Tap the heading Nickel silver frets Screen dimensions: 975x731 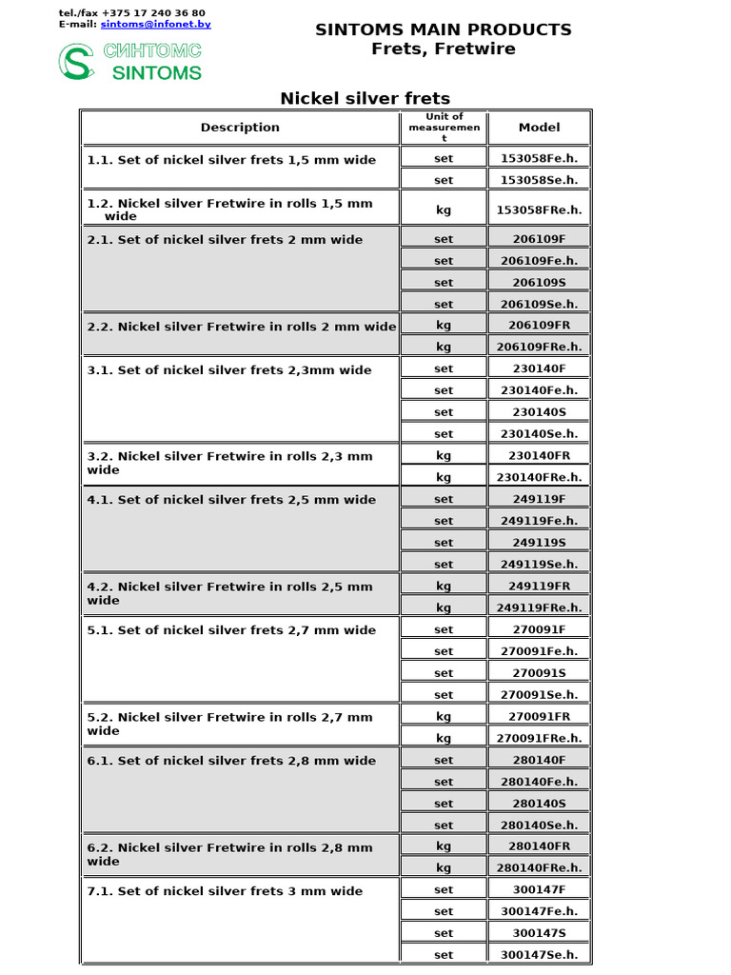pyautogui.click(x=365, y=98)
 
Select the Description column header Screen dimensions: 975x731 pyautogui.click(x=240, y=128)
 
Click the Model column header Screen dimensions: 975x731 pyautogui.click(x=539, y=128)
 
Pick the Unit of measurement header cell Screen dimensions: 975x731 pyautogui.click(x=444, y=128)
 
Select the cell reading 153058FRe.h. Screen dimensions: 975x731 pyautogui.click(x=539, y=209)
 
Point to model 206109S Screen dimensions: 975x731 pyautogui.click(x=539, y=282)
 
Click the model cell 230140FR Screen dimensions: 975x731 pyautogui.click(x=539, y=455)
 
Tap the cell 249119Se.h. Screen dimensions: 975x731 pyautogui.click(x=539, y=564)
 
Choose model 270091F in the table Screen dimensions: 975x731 pyautogui.click(x=539, y=629)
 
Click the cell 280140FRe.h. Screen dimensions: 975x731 pyautogui.click(x=539, y=867)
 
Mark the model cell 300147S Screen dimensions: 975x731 pyautogui.click(x=539, y=933)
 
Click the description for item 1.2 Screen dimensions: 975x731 pyautogui.click(x=229, y=209)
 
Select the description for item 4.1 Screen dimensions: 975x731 pyautogui.click(x=231, y=500)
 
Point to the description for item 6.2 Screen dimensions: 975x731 pyautogui.click(x=229, y=854)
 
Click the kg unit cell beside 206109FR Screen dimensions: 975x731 pyautogui.click(x=444, y=325)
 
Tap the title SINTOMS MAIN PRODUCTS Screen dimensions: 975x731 pyautogui.click(x=444, y=30)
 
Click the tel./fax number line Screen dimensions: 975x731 pyautogui.click(x=131, y=13)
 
